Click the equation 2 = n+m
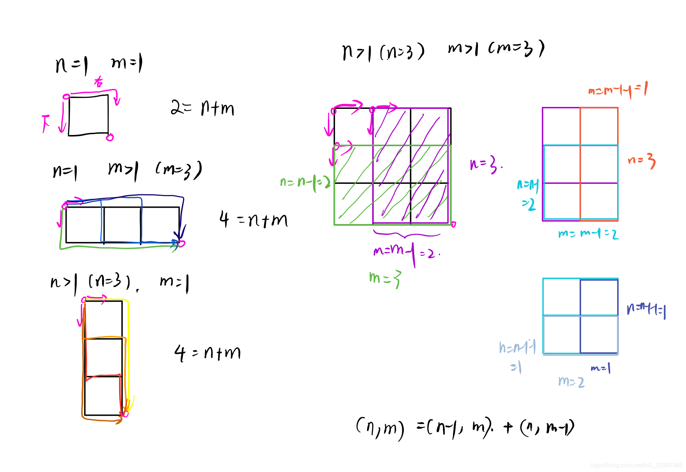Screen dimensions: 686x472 pyautogui.click(x=202, y=108)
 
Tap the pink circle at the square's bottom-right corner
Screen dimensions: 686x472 pyautogui.click(x=110, y=138)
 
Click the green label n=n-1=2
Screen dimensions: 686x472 pyautogui.click(x=305, y=182)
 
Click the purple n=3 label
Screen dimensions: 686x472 pyautogui.click(x=485, y=164)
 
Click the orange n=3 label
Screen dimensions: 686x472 pyautogui.click(x=641, y=161)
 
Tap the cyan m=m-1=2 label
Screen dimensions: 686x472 pyautogui.click(x=588, y=234)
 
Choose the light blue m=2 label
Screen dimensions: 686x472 pyautogui.click(x=571, y=381)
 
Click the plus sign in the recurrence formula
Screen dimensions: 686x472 pyautogui.click(x=508, y=427)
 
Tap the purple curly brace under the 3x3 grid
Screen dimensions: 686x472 pyautogui.click(x=406, y=235)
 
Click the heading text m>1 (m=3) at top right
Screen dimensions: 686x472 pyautogui.click(x=496, y=49)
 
